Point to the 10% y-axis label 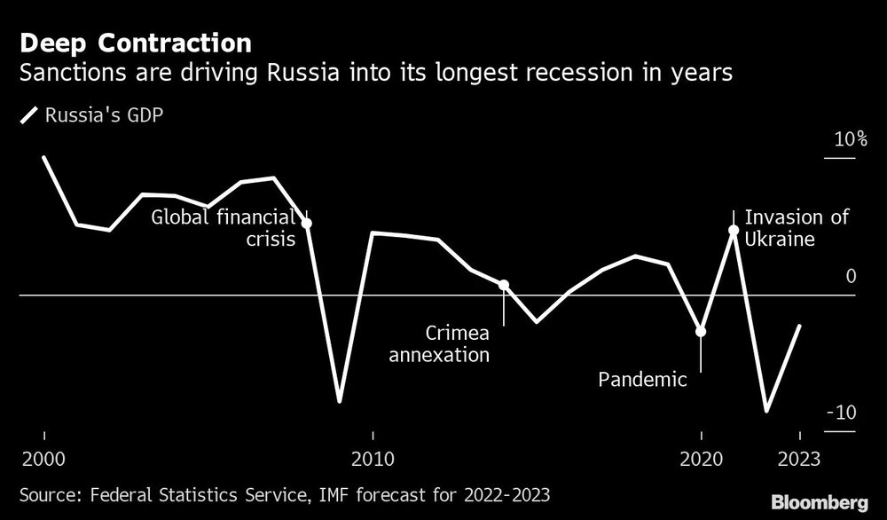[x=849, y=140]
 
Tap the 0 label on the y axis [x=851, y=277]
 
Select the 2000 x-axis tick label [x=43, y=461]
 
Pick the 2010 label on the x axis [x=373, y=461]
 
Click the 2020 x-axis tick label [x=701, y=461]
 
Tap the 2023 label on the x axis [x=799, y=461]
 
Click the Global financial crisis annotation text [x=223, y=228]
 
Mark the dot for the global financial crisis [x=307, y=223]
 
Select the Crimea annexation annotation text [x=451, y=344]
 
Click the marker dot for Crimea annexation [x=504, y=285]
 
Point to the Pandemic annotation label [x=642, y=381]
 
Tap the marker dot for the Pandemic [x=701, y=331]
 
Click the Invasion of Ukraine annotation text [x=796, y=228]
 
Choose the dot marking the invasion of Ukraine [x=734, y=231]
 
